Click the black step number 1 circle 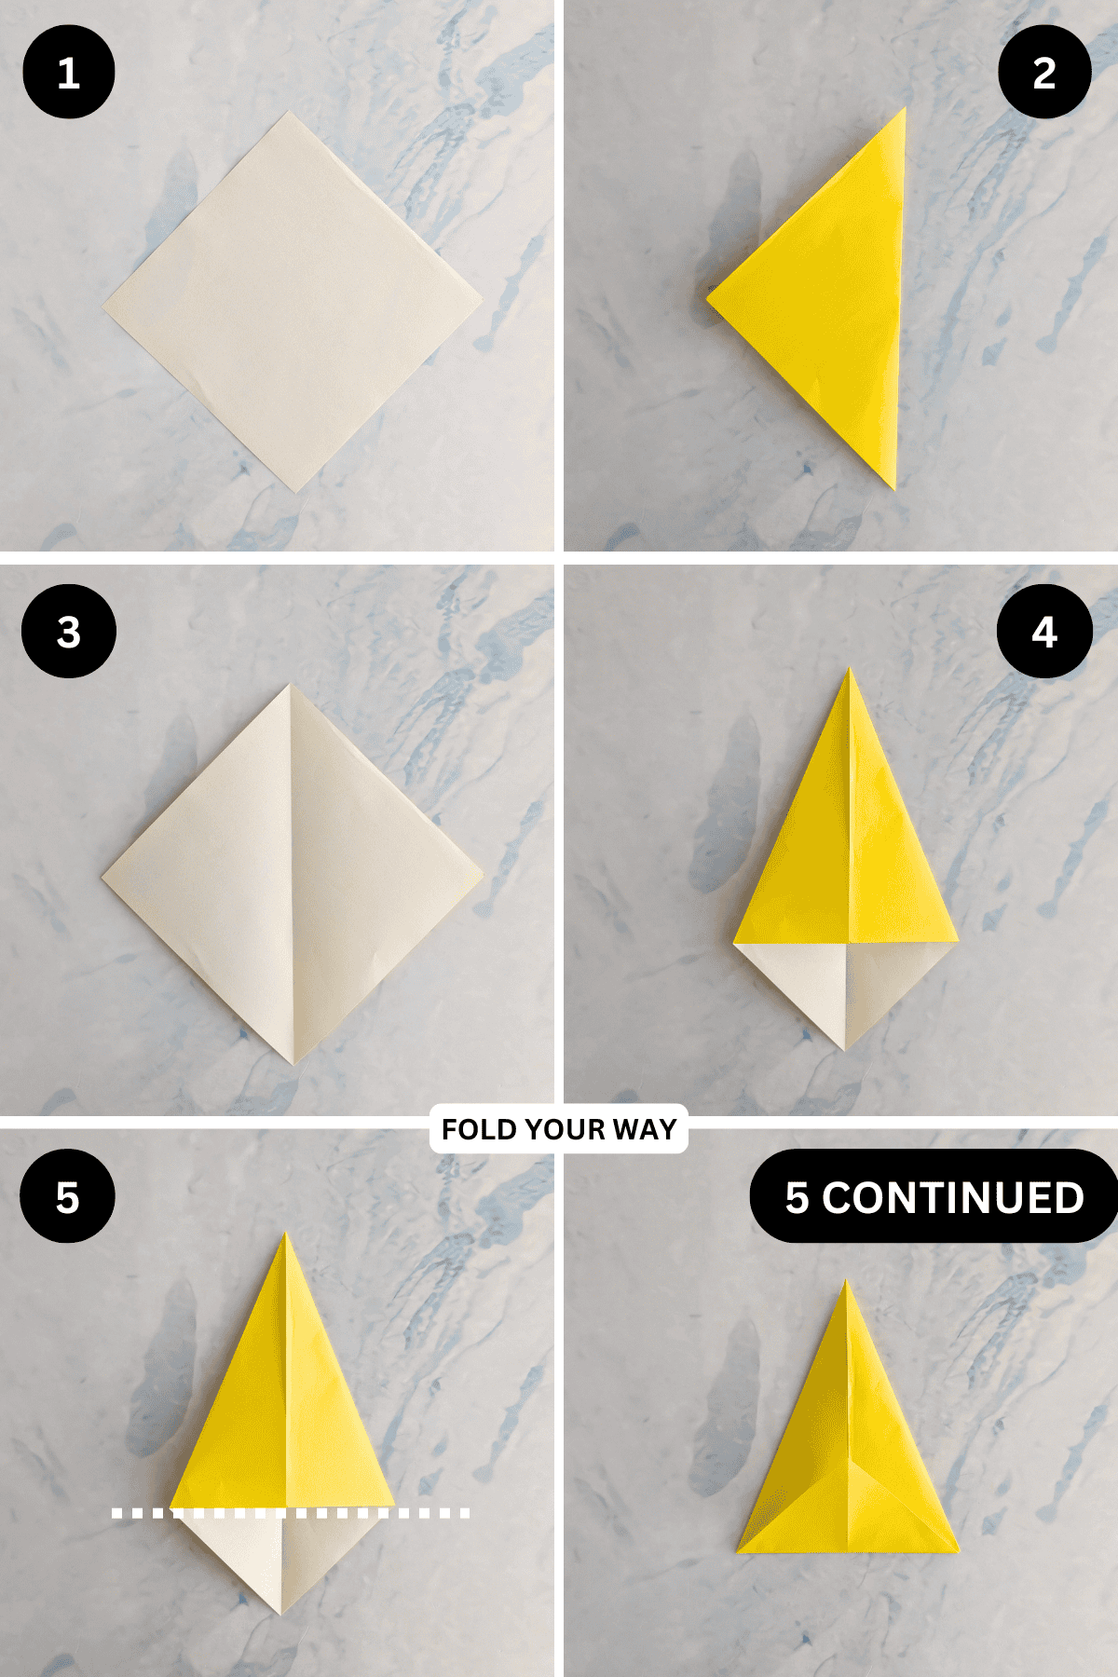pyautogui.click(x=68, y=73)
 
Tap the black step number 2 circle pyautogui.click(x=1043, y=73)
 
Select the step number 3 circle pyautogui.click(x=68, y=632)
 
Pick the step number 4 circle pyautogui.click(x=1043, y=632)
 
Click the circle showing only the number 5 pyautogui.click(x=67, y=1196)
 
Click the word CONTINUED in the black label pyautogui.click(x=953, y=1197)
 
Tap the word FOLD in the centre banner pyautogui.click(x=474, y=1129)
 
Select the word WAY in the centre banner pyautogui.click(x=645, y=1129)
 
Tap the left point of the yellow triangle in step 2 pyautogui.click(x=708, y=299)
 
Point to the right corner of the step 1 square pyautogui.click(x=481, y=300)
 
